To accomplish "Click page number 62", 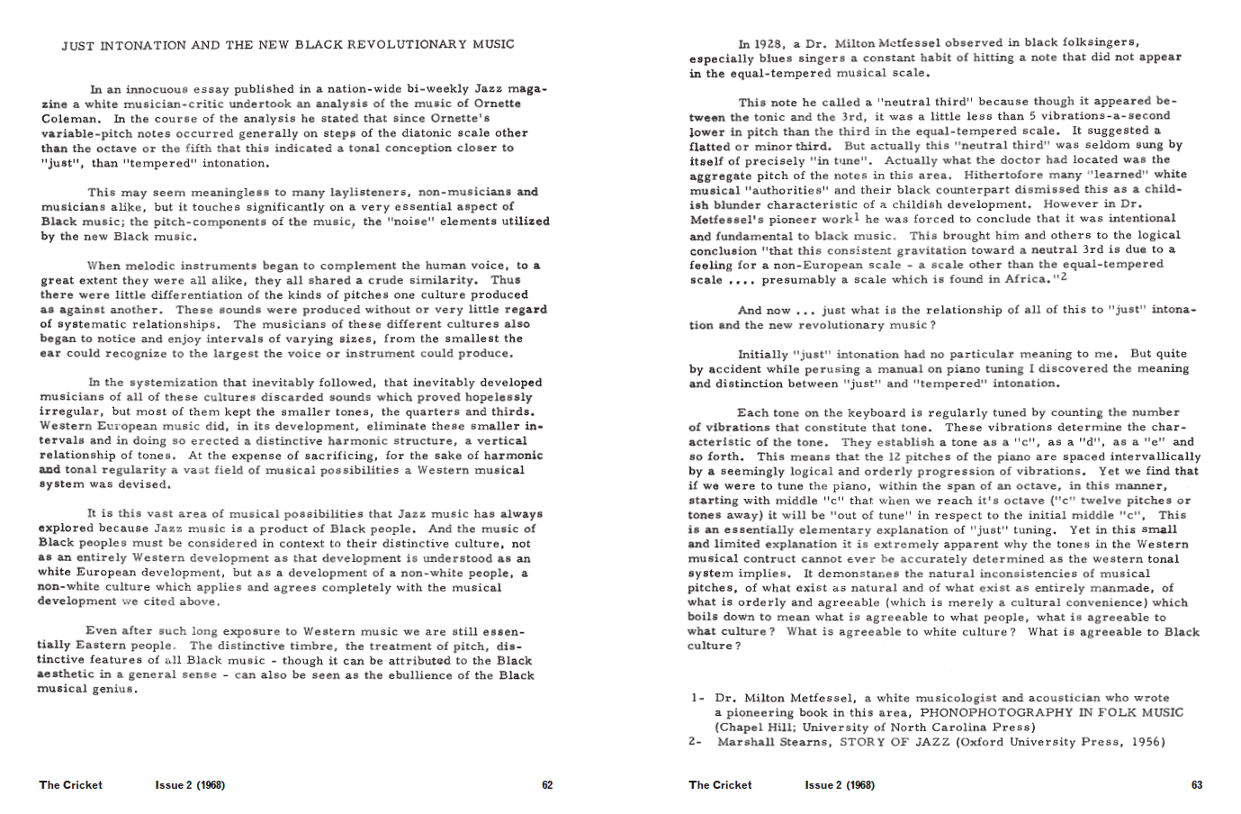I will (x=547, y=785).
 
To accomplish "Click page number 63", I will (x=1197, y=785).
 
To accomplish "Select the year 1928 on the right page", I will (x=767, y=43).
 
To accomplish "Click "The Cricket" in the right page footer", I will (x=720, y=785).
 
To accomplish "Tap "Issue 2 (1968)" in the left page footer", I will (x=190, y=785).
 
